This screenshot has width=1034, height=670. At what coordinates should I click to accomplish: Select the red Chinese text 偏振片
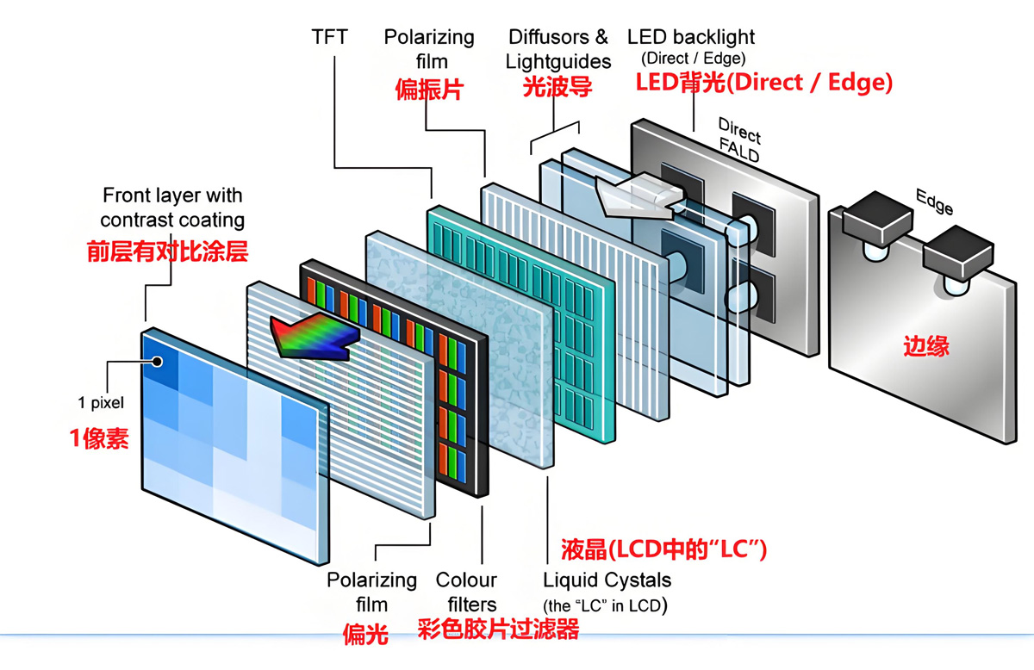(428, 89)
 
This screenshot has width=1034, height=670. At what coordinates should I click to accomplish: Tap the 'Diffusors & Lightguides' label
(557, 49)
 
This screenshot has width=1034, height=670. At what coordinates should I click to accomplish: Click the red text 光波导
(557, 87)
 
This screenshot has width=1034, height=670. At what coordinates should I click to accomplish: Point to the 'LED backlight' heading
(691, 37)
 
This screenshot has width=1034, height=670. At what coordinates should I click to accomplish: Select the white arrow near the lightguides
(636, 193)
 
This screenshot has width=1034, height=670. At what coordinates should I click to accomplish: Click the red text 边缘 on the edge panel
(926, 346)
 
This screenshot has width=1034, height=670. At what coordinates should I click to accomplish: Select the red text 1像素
(99, 438)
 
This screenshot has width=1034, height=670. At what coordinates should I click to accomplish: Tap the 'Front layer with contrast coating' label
(172, 208)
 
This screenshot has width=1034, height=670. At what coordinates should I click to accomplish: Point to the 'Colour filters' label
(466, 592)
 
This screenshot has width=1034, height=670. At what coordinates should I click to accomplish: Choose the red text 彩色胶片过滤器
(498, 630)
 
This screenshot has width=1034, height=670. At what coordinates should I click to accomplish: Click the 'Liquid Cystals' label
(607, 580)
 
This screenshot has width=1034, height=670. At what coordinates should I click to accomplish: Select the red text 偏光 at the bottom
(365, 636)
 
